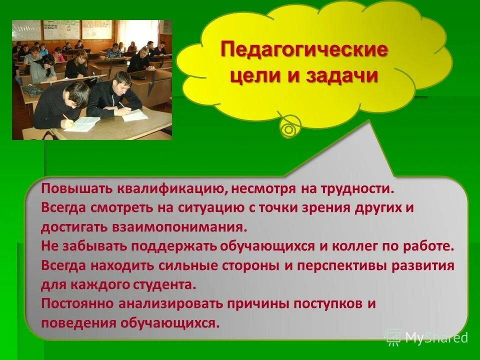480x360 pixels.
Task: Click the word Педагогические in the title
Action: point(304,51)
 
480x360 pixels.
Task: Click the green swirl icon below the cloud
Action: point(289,128)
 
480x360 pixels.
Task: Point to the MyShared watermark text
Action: point(436,337)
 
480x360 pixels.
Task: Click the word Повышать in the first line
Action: point(77,188)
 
